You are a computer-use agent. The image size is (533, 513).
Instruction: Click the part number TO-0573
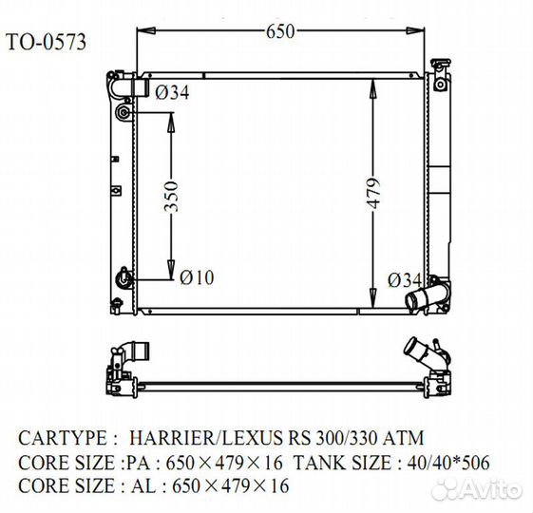click(46, 42)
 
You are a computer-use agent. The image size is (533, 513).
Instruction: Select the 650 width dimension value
click(279, 31)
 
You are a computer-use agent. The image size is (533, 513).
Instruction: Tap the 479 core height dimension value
click(373, 193)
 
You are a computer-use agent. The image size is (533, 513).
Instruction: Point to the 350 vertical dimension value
click(171, 196)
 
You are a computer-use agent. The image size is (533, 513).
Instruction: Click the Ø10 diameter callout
click(197, 277)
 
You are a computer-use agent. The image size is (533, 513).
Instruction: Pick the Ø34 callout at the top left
click(172, 92)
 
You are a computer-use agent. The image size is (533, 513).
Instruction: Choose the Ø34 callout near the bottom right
click(405, 280)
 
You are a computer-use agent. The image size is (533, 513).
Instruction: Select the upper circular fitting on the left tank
click(123, 112)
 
